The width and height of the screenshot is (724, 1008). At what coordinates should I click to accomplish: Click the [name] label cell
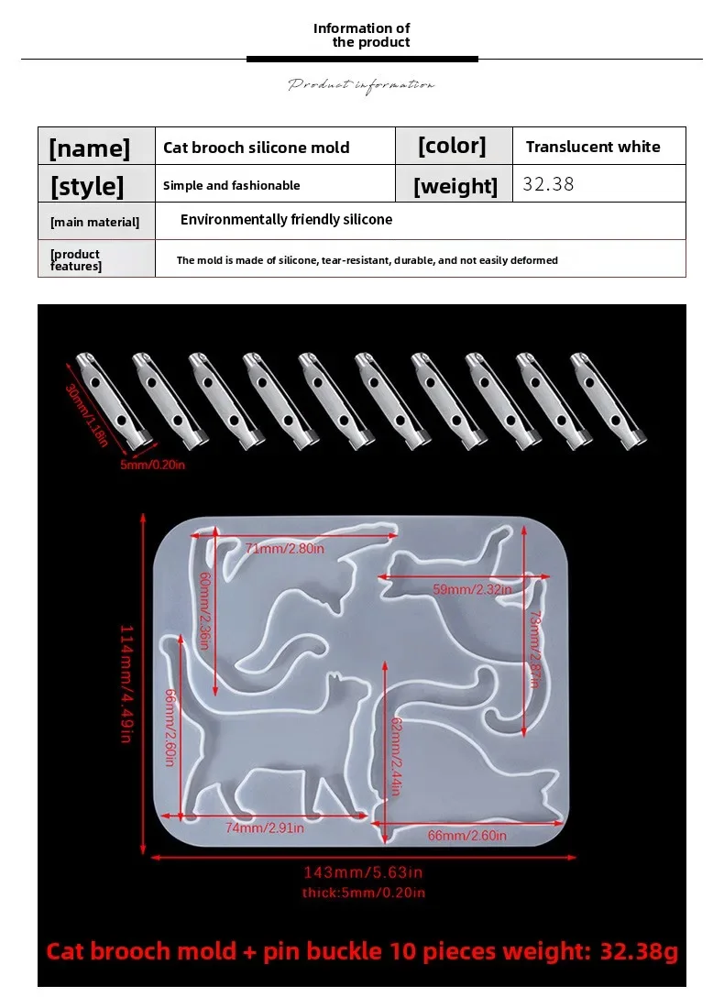coord(90,148)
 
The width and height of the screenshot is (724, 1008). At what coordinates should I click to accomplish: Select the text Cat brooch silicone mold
coord(256,148)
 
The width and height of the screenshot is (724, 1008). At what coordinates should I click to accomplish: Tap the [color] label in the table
coord(452,146)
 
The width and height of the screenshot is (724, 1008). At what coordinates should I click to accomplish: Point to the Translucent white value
coord(593,147)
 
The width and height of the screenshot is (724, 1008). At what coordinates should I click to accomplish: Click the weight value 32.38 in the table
coord(548,184)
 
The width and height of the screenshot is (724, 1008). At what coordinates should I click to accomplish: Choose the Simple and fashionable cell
coord(231,185)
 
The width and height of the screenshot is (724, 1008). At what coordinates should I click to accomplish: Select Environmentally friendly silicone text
coord(286,220)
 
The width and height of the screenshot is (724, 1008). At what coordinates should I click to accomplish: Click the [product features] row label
coord(75,260)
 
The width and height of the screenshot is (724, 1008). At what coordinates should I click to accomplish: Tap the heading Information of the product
coord(362,35)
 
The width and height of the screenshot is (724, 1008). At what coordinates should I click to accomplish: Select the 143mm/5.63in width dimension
coord(363,872)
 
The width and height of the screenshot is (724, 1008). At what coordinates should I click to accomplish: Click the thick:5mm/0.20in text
coord(363,893)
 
